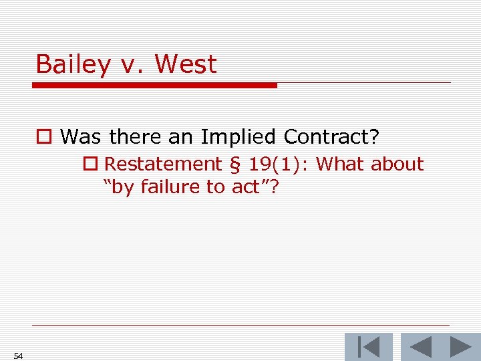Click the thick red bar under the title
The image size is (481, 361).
(x=154, y=86)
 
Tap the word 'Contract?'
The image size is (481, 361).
(x=331, y=137)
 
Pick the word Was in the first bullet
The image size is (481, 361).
(x=82, y=137)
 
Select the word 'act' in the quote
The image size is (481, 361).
(x=245, y=187)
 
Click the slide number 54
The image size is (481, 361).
(x=18, y=356)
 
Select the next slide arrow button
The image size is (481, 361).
(x=460, y=348)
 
